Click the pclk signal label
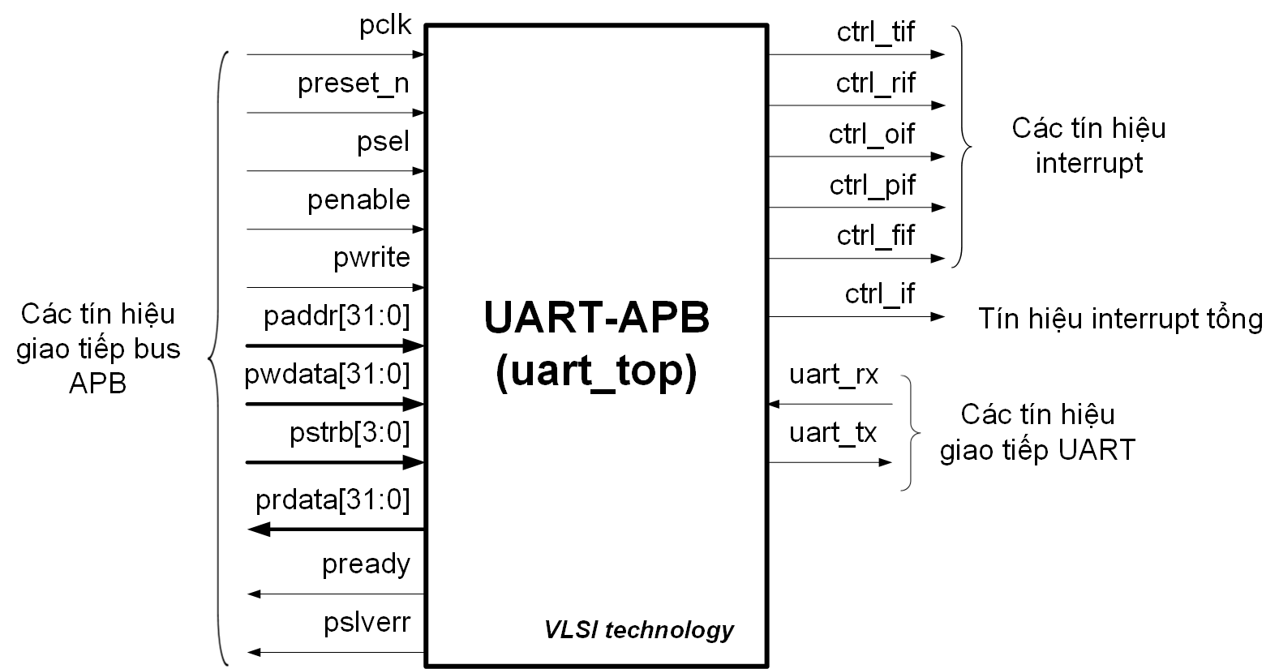click(x=385, y=26)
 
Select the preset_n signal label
click(x=354, y=84)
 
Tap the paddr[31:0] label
click(x=337, y=316)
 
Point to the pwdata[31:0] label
click(x=328, y=375)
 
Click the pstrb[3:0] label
click(x=350, y=433)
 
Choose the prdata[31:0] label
click(x=333, y=500)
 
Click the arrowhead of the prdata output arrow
click(x=258, y=530)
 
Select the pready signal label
click(x=366, y=564)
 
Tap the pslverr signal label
click(x=367, y=623)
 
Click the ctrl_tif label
click(x=876, y=32)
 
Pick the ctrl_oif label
click(x=872, y=135)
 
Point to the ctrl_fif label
click(x=876, y=236)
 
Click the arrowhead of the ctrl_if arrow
click(x=938, y=316)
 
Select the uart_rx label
click(x=834, y=375)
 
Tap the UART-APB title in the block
click(x=597, y=318)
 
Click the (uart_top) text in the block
click(x=597, y=372)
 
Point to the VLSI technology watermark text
click(x=639, y=630)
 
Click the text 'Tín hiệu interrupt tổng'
click(x=1120, y=319)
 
